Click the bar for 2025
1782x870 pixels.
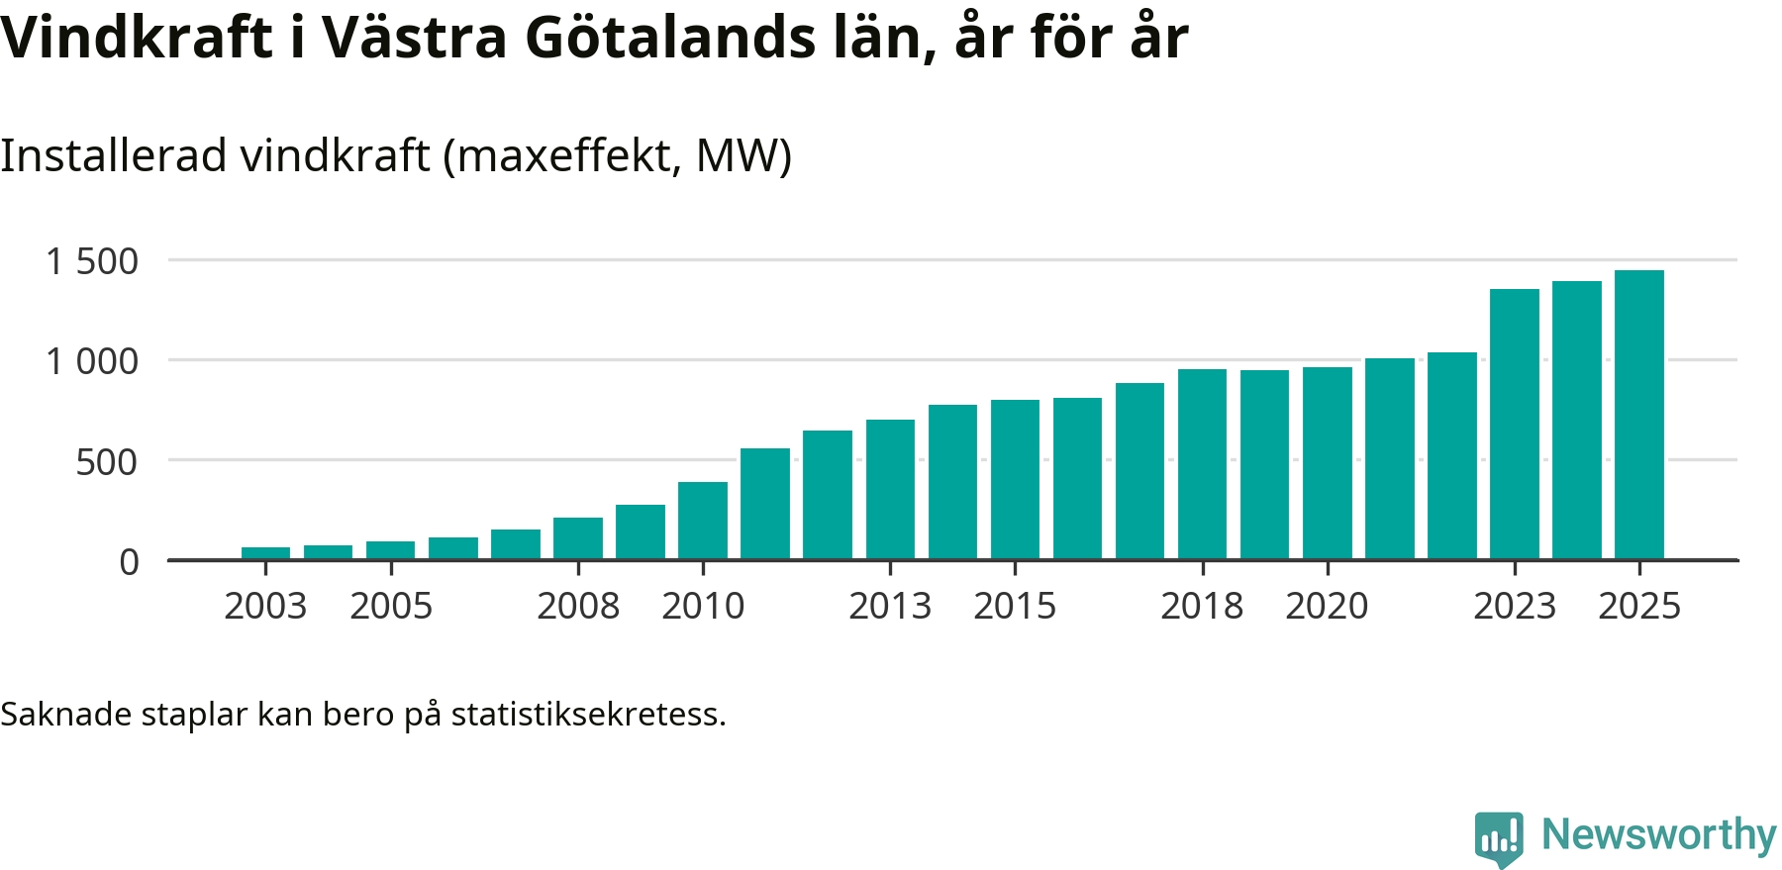(x=1639, y=415)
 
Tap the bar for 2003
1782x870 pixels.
(x=265, y=553)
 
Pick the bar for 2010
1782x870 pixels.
(x=703, y=521)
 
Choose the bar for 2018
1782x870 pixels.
(x=1202, y=464)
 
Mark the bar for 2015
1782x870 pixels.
(x=1015, y=479)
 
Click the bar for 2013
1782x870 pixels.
(x=890, y=489)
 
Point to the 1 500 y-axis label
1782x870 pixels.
(x=92, y=261)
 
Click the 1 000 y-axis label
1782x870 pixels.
(x=92, y=361)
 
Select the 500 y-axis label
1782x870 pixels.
(x=107, y=462)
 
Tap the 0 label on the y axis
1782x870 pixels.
(x=129, y=562)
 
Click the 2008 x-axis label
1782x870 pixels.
(x=578, y=606)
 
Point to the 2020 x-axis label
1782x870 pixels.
(x=1327, y=606)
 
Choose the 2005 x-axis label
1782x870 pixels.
(x=391, y=606)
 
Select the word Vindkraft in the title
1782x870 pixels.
(x=137, y=38)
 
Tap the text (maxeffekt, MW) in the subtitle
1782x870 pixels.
(x=617, y=155)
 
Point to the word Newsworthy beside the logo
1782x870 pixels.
(x=1658, y=834)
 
